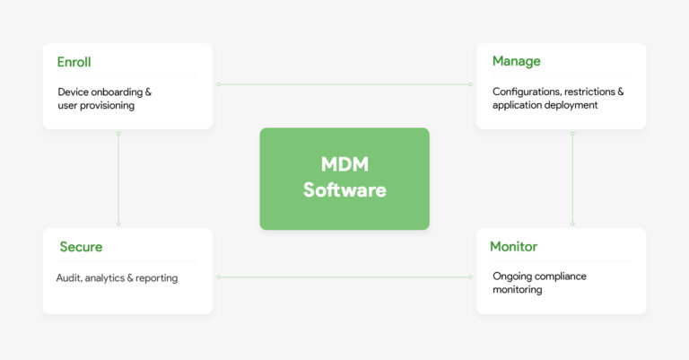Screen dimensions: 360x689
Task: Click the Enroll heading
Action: click(74, 62)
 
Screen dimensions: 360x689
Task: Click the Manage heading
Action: click(516, 62)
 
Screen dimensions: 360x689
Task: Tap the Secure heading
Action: click(81, 247)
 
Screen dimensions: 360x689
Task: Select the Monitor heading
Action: click(513, 247)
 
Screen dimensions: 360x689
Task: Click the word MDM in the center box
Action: click(344, 165)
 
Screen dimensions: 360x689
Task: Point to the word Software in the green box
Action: click(344, 190)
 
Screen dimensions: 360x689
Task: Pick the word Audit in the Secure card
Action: click(68, 278)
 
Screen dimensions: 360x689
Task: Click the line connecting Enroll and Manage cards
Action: click(344, 84)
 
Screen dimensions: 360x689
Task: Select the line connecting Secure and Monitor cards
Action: click(344, 277)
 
